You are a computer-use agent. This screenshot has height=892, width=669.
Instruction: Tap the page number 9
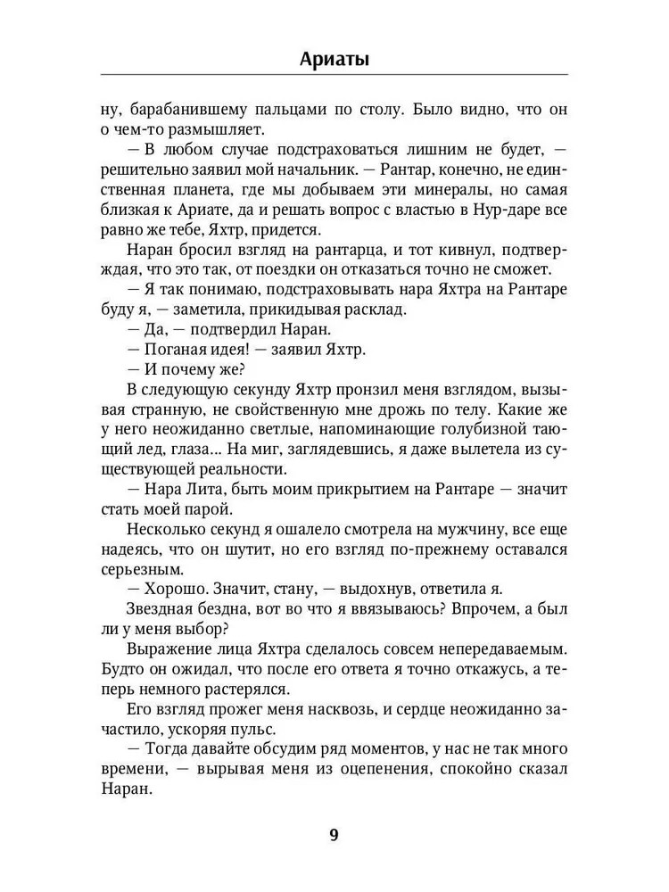334,836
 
